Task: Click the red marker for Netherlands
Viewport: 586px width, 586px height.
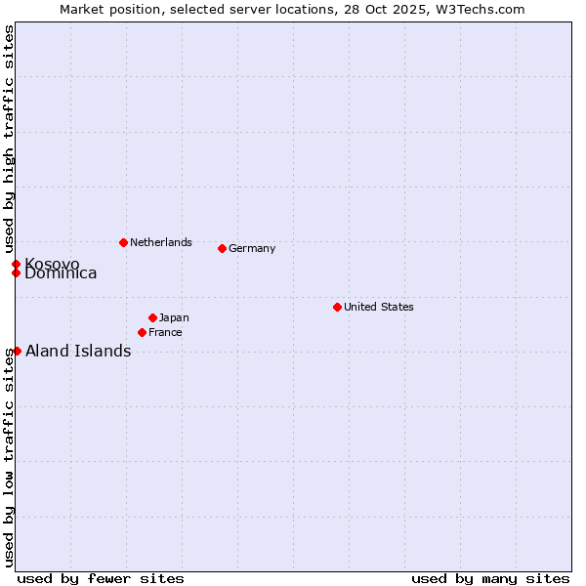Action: (x=123, y=242)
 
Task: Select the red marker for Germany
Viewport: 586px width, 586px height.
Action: (x=222, y=248)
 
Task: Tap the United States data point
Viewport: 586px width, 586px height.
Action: (x=337, y=307)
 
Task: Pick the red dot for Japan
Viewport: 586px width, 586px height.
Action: (x=152, y=317)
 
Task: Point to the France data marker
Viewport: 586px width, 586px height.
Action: (x=142, y=332)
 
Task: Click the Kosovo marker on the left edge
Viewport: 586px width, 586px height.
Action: (x=16, y=264)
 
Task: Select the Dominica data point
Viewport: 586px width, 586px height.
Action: (x=16, y=272)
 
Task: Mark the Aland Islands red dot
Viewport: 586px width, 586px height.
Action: (x=17, y=351)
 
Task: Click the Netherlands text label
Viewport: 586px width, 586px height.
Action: (x=161, y=242)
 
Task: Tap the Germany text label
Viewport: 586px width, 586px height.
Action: (x=252, y=248)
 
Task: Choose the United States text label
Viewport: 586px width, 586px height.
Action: (x=379, y=307)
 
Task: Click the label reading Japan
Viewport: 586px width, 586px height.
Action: (x=174, y=317)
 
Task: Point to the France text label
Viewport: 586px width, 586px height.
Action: (x=165, y=332)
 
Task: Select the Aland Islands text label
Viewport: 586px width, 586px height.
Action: (x=78, y=352)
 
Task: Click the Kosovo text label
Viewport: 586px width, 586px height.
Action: (x=53, y=265)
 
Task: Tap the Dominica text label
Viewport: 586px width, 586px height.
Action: (x=62, y=274)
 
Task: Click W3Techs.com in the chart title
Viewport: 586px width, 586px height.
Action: (x=480, y=9)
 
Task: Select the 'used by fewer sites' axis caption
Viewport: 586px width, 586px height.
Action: (x=101, y=578)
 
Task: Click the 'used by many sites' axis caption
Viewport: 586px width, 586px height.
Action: (x=490, y=578)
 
